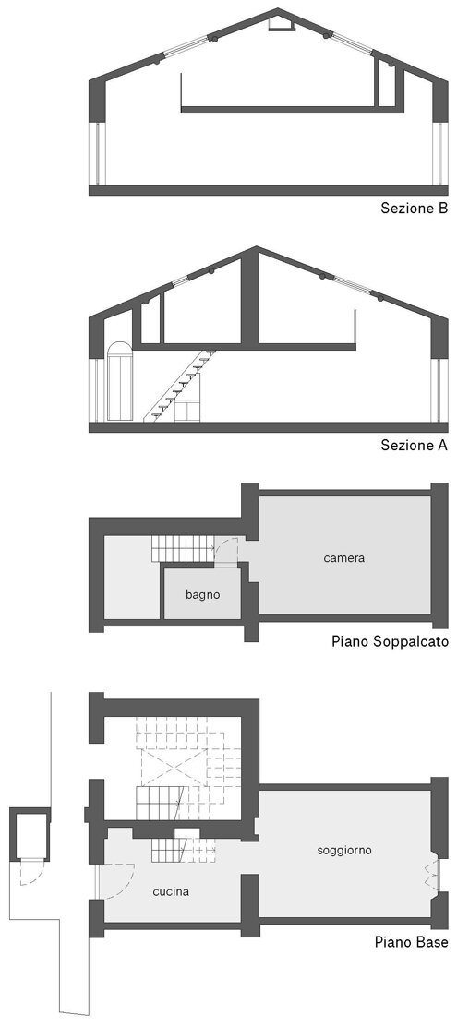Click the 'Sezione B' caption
415,209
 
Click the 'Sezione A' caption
415,446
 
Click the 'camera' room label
343,558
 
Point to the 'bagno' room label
202,595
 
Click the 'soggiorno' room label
344,851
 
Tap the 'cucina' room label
172,891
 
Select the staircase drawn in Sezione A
180,385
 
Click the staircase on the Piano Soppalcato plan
184,548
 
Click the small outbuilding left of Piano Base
30,832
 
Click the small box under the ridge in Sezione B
278,24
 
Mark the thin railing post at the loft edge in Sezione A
355,328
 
